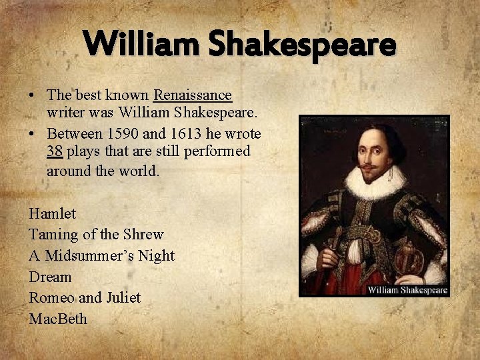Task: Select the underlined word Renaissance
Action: point(193,95)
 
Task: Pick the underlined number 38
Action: point(55,151)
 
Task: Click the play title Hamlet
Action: point(53,214)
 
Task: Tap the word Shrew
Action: point(143,235)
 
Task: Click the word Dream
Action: point(50,277)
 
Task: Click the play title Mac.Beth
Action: point(58,319)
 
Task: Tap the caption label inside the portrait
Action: point(407,290)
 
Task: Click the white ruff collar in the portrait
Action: point(377,182)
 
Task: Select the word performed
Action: point(217,151)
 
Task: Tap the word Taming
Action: point(53,235)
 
